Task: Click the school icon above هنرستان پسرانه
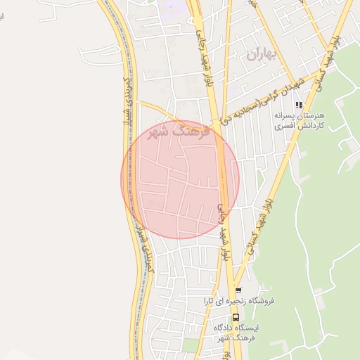pyautogui.click(x=299, y=105)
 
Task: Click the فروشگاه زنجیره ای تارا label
pyautogui.click(x=238, y=301)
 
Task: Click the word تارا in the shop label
pyautogui.click(x=209, y=301)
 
